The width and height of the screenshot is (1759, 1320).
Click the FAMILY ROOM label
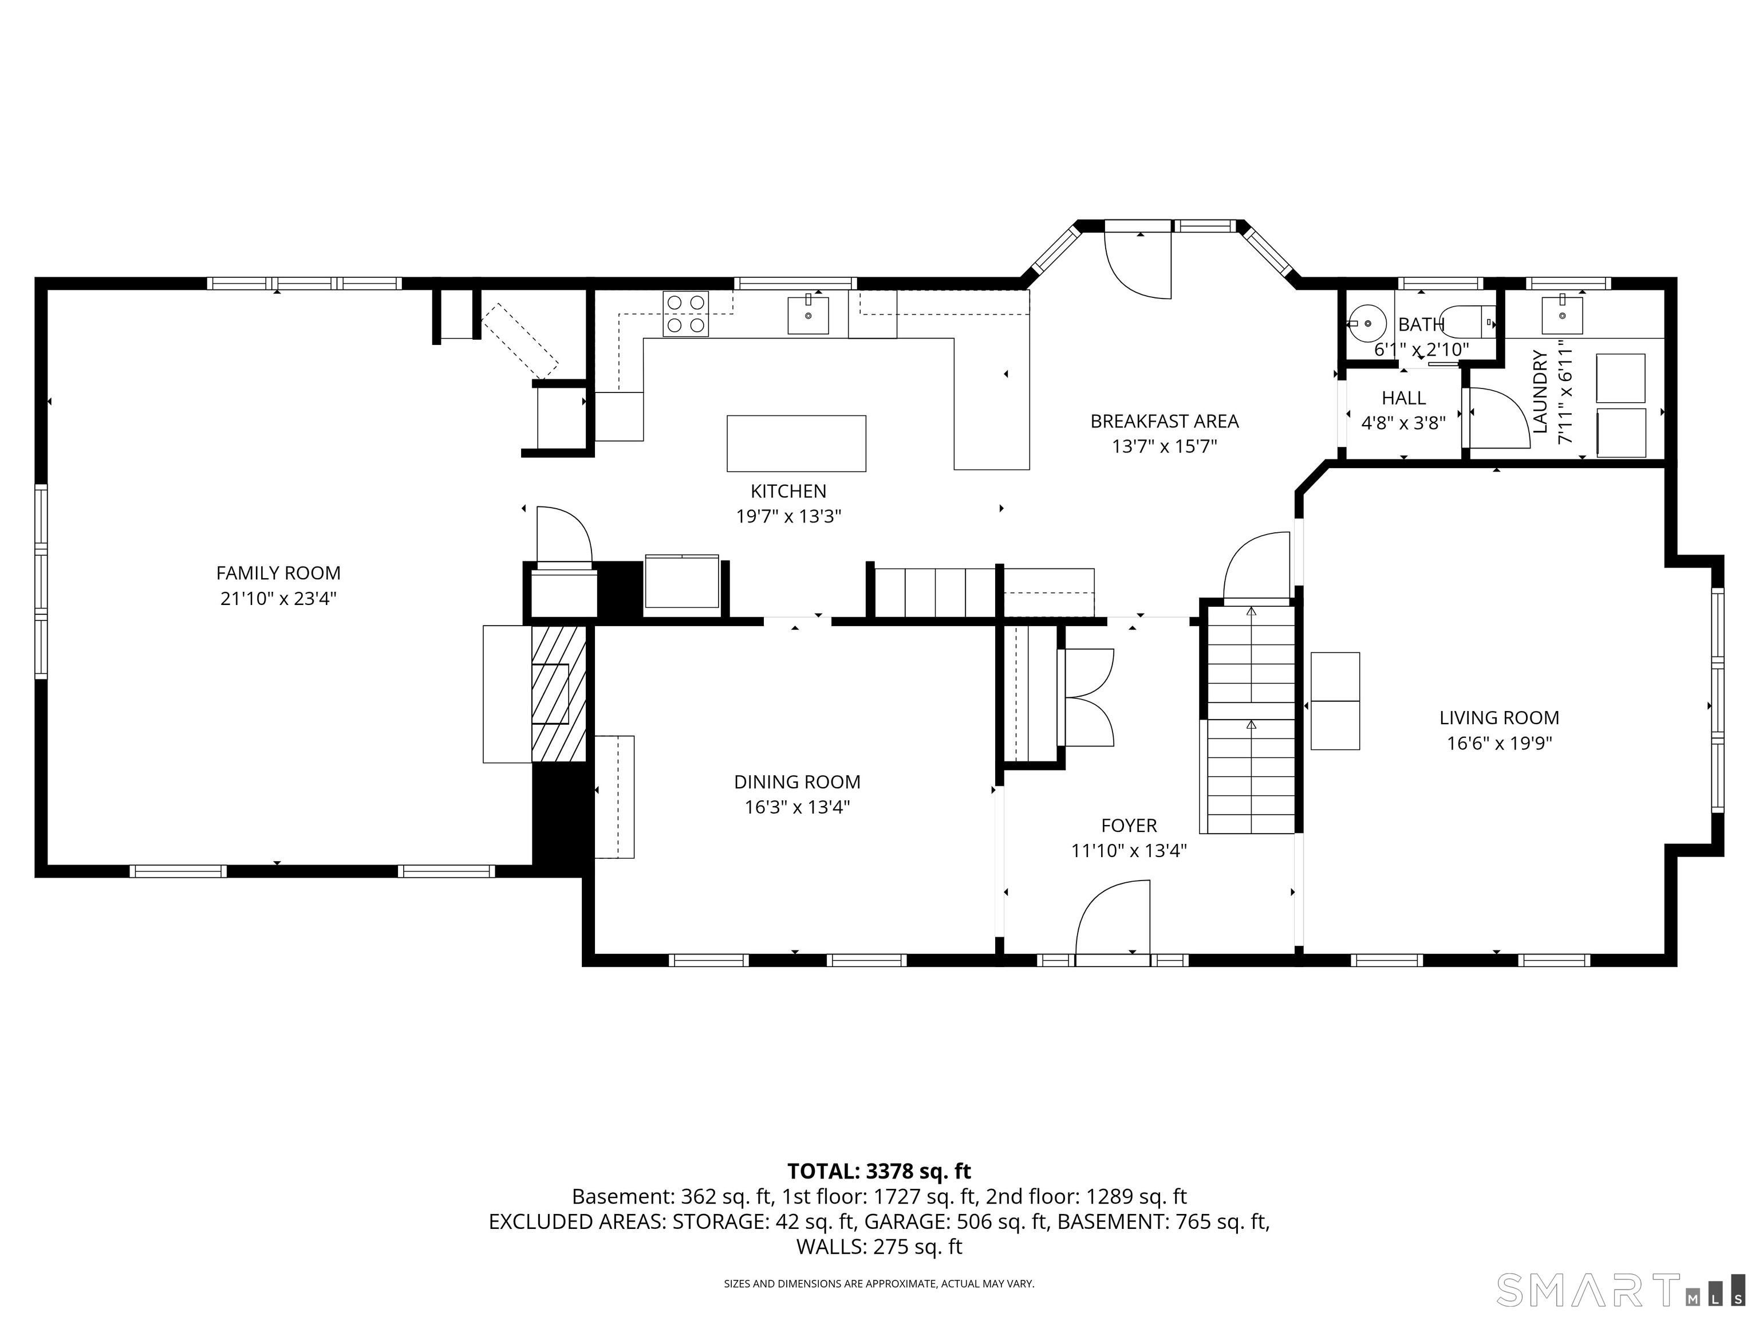(278, 573)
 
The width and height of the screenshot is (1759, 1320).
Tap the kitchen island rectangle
(796, 443)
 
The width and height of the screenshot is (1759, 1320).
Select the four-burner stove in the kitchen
(685, 313)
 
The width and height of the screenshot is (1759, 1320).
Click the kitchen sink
(808, 315)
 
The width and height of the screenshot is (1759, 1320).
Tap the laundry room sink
(1562, 315)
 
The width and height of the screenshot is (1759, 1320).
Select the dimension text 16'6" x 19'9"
(1499, 743)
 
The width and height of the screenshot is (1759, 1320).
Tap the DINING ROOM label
(797, 781)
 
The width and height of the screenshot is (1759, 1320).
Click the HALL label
(1403, 398)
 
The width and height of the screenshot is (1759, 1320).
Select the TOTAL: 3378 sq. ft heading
(879, 1171)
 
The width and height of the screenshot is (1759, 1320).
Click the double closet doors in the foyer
(1088, 698)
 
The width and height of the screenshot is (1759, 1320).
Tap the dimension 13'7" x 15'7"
(1164, 446)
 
